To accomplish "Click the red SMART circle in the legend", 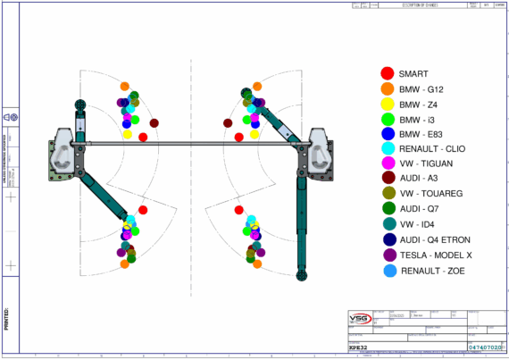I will point(387,73).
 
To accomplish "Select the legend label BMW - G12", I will point(422,89).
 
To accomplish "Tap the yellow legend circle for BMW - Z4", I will point(387,104).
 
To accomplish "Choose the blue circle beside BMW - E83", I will point(387,134).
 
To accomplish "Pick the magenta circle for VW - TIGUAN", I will point(387,163).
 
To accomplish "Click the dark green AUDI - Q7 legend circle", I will point(387,209).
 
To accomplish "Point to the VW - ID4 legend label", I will point(419,224).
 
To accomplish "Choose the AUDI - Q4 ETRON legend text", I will point(436,239).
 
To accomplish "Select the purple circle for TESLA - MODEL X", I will point(387,255).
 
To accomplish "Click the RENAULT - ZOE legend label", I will point(430,270).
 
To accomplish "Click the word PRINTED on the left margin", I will point(7,318).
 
